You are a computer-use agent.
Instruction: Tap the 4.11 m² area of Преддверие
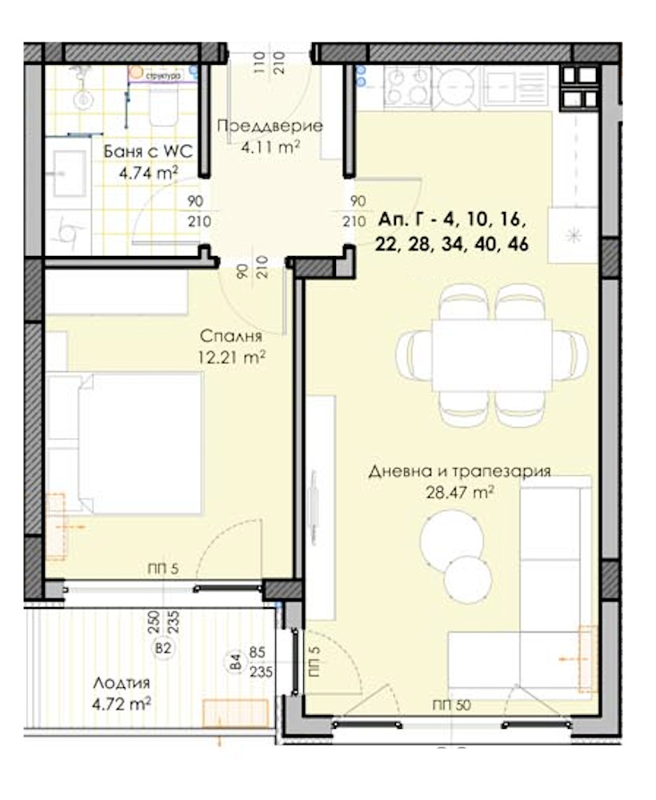270,146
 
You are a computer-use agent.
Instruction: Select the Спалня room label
232,338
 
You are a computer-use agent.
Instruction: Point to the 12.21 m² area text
232,358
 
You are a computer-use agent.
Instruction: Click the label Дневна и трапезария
459,471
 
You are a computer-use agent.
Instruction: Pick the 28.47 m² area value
459,492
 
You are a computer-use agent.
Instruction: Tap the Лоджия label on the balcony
121,683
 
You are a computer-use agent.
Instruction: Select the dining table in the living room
492,355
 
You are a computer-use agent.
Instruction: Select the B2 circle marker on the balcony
164,649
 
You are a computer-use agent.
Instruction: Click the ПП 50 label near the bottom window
450,705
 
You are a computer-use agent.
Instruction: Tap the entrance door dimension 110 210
269,62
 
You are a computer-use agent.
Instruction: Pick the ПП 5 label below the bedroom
162,569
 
